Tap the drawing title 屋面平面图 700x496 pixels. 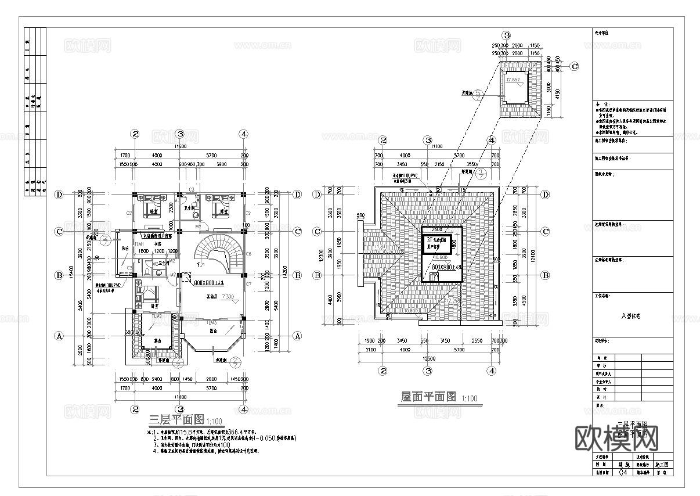tap(429, 397)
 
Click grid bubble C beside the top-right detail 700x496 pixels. tap(573, 66)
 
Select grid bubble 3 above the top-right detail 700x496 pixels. tap(506, 36)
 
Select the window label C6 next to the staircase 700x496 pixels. tap(248, 254)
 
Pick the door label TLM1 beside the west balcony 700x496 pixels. tap(139, 245)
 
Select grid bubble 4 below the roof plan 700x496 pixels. tap(491, 371)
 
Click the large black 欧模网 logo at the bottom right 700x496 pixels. tap(616, 439)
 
